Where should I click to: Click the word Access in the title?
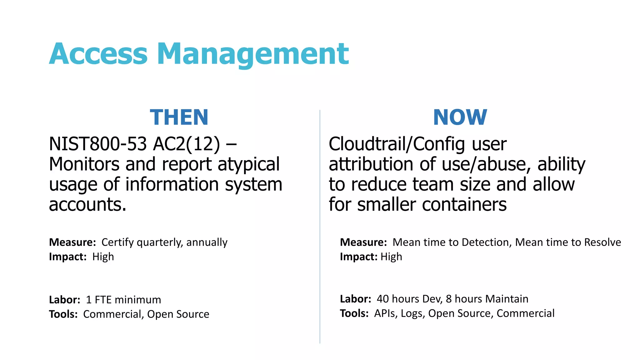click(98, 54)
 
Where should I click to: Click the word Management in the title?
click(252, 54)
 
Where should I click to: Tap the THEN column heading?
click(179, 117)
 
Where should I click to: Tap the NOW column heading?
click(460, 117)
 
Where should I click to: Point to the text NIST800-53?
click(98, 144)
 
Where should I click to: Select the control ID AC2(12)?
click(187, 144)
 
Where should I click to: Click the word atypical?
click(248, 164)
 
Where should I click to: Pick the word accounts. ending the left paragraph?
click(88, 205)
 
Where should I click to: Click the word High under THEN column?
click(103, 257)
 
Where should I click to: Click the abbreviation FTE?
click(103, 300)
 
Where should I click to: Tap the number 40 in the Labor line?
click(383, 299)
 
